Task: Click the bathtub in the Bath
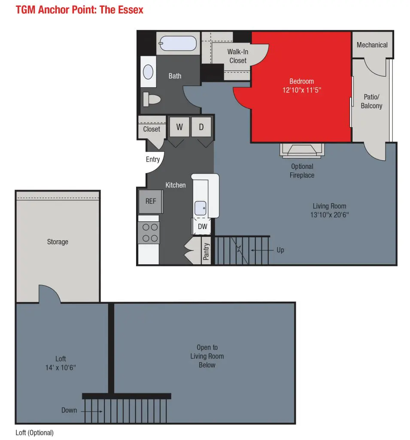(x=178, y=43)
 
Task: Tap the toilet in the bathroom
(x=152, y=99)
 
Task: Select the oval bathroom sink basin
(x=148, y=72)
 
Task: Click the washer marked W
(x=179, y=127)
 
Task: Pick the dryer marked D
(x=201, y=127)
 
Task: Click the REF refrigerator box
(x=151, y=201)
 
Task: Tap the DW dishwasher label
(x=203, y=226)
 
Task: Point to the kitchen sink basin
(x=200, y=208)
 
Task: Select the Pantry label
(x=206, y=251)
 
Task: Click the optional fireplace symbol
(x=302, y=150)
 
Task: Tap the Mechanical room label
(x=372, y=45)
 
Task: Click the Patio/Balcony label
(x=372, y=101)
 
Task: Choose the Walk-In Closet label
(x=238, y=56)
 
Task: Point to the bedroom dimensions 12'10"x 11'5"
(x=302, y=90)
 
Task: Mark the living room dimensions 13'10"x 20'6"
(x=330, y=215)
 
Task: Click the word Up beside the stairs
(x=280, y=250)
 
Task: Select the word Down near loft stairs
(x=69, y=410)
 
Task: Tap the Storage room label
(x=58, y=242)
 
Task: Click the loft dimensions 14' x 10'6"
(x=61, y=368)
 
